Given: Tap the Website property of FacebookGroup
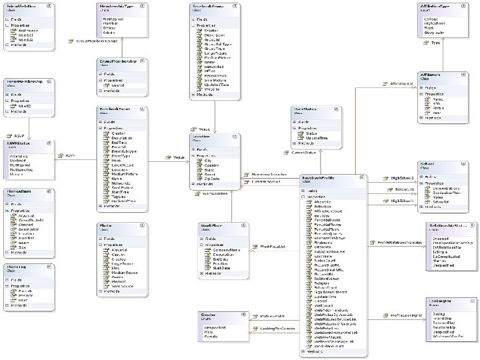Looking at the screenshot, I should (213, 89).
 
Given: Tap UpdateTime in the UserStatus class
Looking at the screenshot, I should (317, 137).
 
